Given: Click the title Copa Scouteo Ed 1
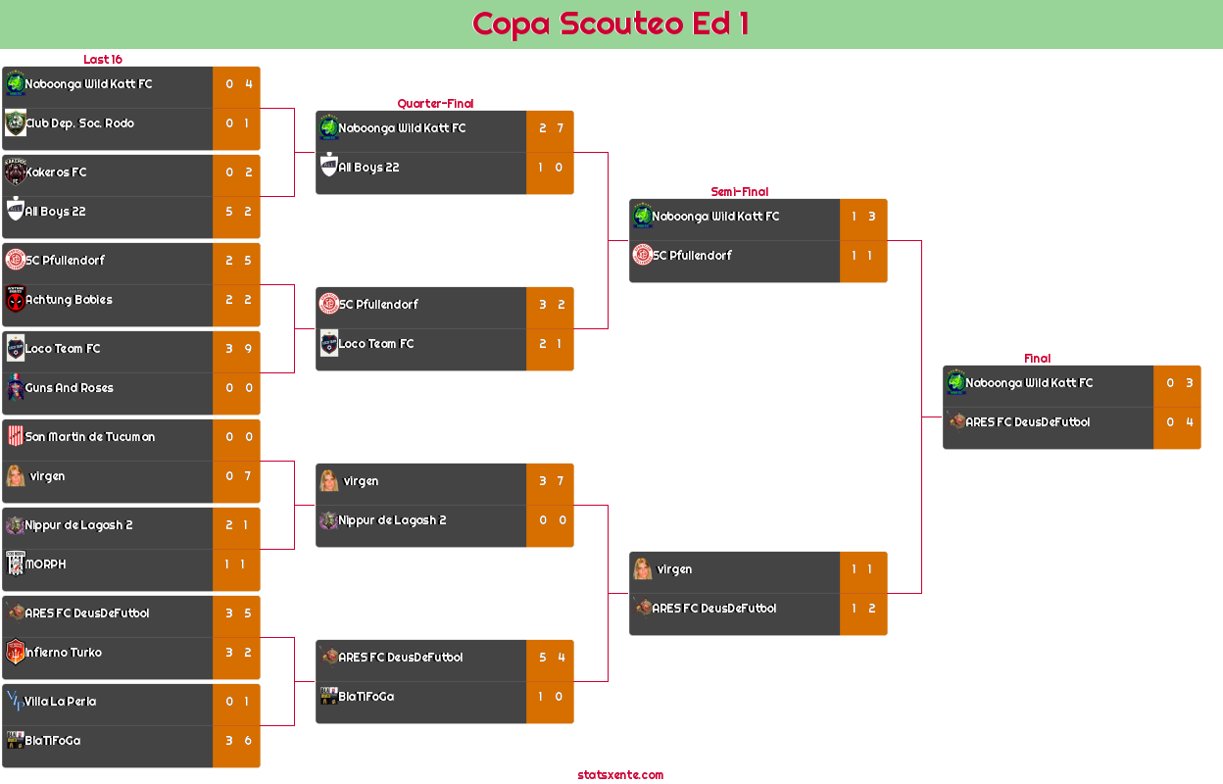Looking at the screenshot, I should (x=611, y=24).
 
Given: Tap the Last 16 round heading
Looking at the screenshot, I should (x=102, y=60).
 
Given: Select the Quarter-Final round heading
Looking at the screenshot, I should (x=434, y=104).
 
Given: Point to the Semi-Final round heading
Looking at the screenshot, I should (x=738, y=192).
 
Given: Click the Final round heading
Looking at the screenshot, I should (x=1036, y=359).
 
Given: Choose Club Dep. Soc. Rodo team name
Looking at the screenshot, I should (x=79, y=123).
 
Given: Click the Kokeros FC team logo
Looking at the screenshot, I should (x=15, y=172).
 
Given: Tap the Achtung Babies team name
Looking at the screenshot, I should (x=69, y=300).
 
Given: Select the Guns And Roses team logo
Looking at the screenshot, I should (x=15, y=388).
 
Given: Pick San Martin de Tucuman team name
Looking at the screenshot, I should (x=90, y=437).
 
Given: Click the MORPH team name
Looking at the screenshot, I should (x=46, y=564).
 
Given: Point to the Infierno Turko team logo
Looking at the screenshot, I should (x=15, y=653).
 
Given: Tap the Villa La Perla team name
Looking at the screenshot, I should (x=61, y=702).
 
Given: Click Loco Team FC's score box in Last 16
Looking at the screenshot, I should (x=236, y=349).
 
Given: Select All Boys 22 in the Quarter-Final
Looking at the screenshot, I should (x=368, y=168).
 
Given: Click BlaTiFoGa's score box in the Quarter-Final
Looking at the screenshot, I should (x=550, y=697).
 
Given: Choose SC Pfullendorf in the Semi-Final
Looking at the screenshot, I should (x=692, y=256).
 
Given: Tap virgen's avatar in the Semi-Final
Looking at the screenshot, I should (x=643, y=569).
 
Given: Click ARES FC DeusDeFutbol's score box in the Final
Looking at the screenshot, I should (x=1177, y=422).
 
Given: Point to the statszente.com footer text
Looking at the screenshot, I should (x=620, y=775).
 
